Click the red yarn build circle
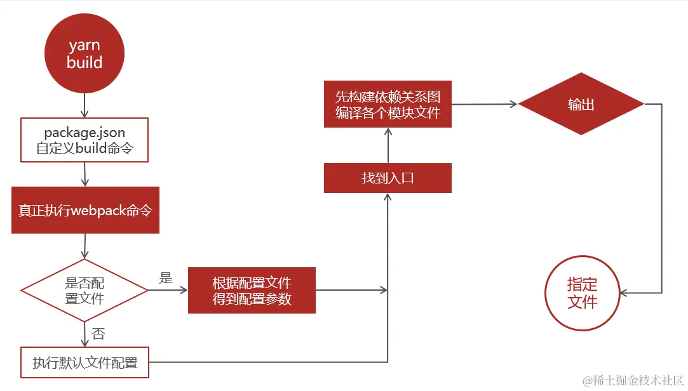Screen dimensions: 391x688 pos(84,53)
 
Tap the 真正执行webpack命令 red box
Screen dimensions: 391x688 pos(85,210)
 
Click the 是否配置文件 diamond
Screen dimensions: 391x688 pos(84,290)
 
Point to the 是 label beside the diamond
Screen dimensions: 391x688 pos(166,278)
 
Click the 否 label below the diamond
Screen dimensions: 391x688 pos(98,334)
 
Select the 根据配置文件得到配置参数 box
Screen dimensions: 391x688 pos(252,290)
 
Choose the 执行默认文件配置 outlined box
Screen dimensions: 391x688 pos(84,363)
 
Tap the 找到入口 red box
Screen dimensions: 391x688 pos(388,178)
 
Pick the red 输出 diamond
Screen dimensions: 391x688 pos(581,105)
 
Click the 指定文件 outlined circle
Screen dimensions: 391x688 pos(582,293)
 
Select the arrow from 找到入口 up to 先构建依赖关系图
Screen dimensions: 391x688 pos(388,145)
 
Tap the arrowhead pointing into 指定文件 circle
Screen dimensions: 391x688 pos(624,293)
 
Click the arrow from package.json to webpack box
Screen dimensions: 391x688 pos(84,175)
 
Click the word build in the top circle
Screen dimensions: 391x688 pos(84,62)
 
